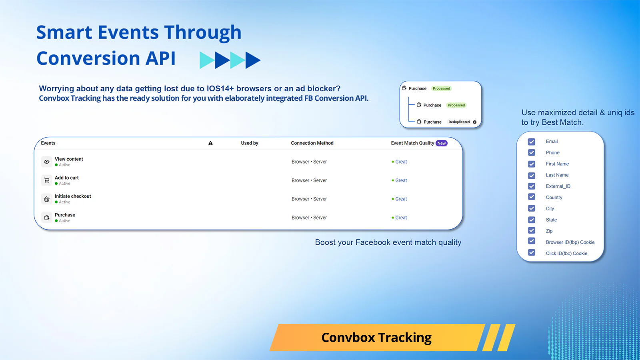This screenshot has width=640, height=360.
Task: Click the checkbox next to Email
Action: pyautogui.click(x=532, y=142)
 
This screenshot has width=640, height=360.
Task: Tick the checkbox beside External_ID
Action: pyautogui.click(x=532, y=186)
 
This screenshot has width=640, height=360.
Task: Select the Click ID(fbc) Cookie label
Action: pyautogui.click(x=566, y=254)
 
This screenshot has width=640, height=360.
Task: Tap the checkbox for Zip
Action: pyautogui.click(x=532, y=230)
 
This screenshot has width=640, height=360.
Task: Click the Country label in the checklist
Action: pyautogui.click(x=554, y=198)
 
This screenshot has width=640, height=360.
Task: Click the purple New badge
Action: pyautogui.click(x=442, y=143)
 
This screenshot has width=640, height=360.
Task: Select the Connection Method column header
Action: pyautogui.click(x=312, y=143)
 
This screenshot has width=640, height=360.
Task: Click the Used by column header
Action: pyautogui.click(x=250, y=143)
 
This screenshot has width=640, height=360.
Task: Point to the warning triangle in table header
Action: pyautogui.click(x=210, y=143)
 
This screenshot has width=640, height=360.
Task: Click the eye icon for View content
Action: pyautogui.click(x=47, y=162)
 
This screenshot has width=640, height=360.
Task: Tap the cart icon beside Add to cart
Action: pyautogui.click(x=47, y=180)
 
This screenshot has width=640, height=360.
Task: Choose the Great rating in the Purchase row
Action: pyautogui.click(x=401, y=218)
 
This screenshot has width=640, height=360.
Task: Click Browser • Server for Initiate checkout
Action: pyautogui.click(x=309, y=199)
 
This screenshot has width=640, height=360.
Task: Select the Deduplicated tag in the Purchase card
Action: pyautogui.click(x=459, y=122)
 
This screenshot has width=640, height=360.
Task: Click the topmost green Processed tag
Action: pyautogui.click(x=441, y=88)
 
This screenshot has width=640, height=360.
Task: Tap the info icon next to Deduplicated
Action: pyautogui.click(x=475, y=122)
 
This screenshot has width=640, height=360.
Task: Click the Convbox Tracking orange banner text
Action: pyautogui.click(x=376, y=338)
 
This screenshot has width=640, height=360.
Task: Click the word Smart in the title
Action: pyautogui.click(x=64, y=33)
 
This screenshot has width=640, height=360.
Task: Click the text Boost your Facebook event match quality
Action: pyautogui.click(x=388, y=242)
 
